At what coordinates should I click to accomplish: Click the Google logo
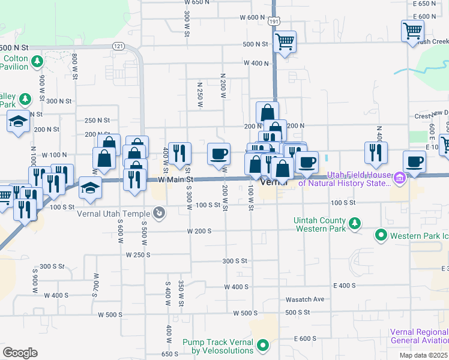click(20, 353)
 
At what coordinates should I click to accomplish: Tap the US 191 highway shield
click(274, 21)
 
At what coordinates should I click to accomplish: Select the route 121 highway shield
click(118, 46)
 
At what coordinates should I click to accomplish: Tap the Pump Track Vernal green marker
click(263, 345)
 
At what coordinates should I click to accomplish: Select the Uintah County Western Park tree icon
click(355, 224)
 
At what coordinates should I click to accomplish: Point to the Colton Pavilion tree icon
click(37, 61)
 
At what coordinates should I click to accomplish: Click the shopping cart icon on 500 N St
click(285, 41)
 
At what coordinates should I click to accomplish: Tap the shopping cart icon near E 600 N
click(412, 30)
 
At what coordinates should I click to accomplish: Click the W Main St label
click(176, 179)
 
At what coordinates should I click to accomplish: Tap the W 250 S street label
click(138, 254)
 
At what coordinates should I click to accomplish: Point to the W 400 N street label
click(256, 63)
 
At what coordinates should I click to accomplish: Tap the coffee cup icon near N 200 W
click(218, 153)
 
